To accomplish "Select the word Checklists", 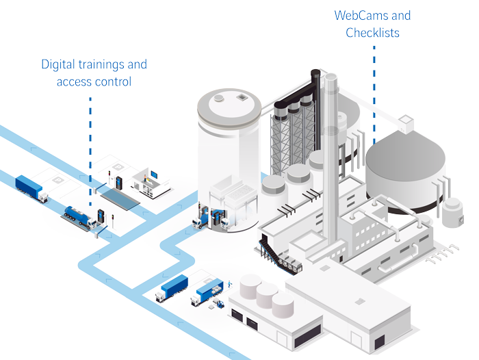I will coord(372,32).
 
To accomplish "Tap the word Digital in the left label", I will coord(58,65).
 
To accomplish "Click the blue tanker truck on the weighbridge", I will coord(76,216).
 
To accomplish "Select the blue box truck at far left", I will coord(31,186).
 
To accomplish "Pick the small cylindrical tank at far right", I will coord(452,212).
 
